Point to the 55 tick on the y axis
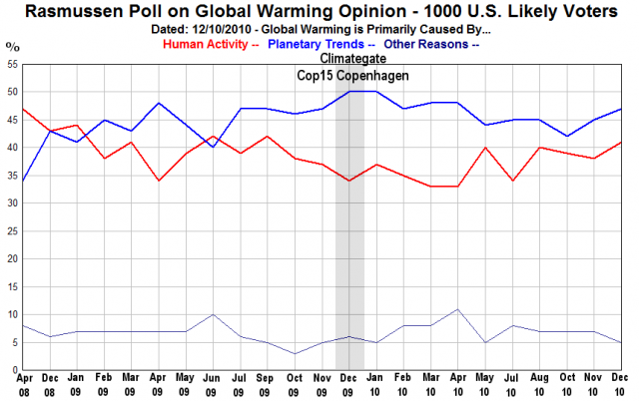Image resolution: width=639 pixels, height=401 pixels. [x=12, y=64]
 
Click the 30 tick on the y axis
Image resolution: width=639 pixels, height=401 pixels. [x=12, y=203]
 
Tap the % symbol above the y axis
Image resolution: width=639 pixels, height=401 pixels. [x=11, y=46]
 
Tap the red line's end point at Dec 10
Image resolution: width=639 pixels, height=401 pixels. [x=621, y=142]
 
